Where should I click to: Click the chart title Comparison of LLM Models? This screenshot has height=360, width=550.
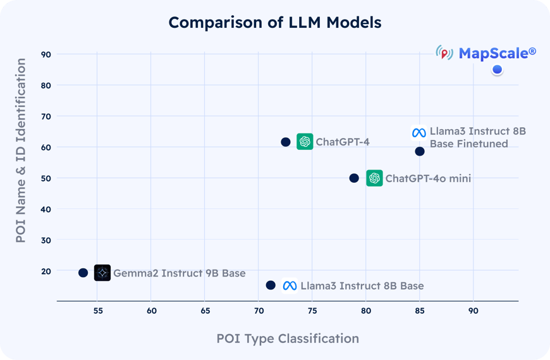(274, 23)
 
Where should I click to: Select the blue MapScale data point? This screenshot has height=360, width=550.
(497, 70)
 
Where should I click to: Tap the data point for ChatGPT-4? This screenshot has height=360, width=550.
(286, 142)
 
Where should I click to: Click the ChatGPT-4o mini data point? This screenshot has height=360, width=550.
(354, 178)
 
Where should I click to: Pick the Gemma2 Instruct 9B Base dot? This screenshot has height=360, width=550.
(83, 273)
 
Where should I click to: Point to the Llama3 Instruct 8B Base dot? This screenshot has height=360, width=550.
(271, 285)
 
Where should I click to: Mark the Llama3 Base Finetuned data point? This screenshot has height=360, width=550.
(420, 151)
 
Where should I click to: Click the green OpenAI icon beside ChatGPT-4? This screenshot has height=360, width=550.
(305, 142)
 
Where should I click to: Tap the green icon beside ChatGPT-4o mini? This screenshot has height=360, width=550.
(374, 178)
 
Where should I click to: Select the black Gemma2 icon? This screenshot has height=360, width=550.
(102, 273)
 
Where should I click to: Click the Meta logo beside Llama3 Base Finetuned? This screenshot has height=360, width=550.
(419, 133)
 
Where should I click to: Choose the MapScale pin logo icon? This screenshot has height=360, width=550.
(445, 54)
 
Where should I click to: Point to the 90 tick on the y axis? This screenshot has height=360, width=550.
(46, 54)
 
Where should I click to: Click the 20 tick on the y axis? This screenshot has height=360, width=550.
(46, 271)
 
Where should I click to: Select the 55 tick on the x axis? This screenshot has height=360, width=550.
(97, 311)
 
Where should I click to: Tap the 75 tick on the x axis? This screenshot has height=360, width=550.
(312, 311)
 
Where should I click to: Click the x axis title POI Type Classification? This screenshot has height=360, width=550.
(288, 338)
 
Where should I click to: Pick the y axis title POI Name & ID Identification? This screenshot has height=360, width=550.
(21, 151)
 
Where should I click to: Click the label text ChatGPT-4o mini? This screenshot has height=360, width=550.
(428, 178)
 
